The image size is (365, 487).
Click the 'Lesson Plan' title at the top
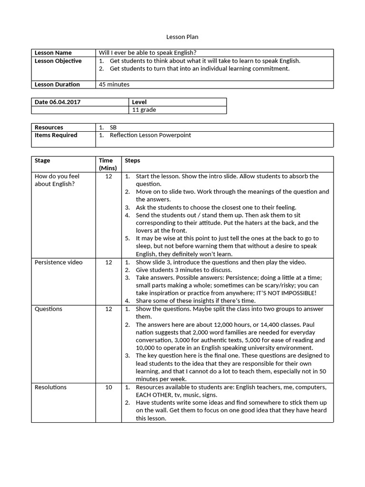[x=179, y=37]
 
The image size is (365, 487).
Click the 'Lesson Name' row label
[x=53, y=53]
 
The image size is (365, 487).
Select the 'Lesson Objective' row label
[x=58, y=61]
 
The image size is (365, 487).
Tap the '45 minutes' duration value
[x=114, y=85]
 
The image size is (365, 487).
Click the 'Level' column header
[x=139, y=102]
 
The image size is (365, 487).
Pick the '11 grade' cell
[x=144, y=110]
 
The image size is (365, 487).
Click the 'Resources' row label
[x=49, y=127]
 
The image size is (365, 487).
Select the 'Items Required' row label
[x=56, y=135]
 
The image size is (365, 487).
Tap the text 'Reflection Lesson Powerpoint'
[x=150, y=135]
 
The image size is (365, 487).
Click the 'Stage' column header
[x=42, y=161]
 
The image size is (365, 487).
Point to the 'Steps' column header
[x=132, y=161]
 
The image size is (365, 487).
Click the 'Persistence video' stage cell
[x=58, y=262]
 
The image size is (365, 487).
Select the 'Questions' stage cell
[x=48, y=309]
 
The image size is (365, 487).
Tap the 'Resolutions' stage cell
[x=51, y=387]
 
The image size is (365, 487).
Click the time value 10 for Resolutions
[x=109, y=387]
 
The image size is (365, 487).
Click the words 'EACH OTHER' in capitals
[x=152, y=395]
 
